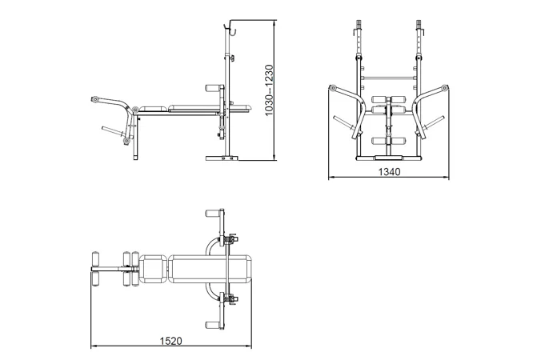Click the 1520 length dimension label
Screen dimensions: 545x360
coord(170,341)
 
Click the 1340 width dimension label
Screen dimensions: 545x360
coord(389,172)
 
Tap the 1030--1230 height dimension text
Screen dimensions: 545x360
coord(270,90)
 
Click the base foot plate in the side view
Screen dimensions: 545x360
coord(222,158)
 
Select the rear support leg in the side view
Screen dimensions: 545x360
coord(135,138)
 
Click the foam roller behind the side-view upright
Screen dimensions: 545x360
coord(213,88)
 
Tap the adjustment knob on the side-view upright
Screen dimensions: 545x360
coord(232,58)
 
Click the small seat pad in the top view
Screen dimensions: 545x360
coord(154,269)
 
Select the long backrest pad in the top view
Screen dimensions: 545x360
coord(210,269)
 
